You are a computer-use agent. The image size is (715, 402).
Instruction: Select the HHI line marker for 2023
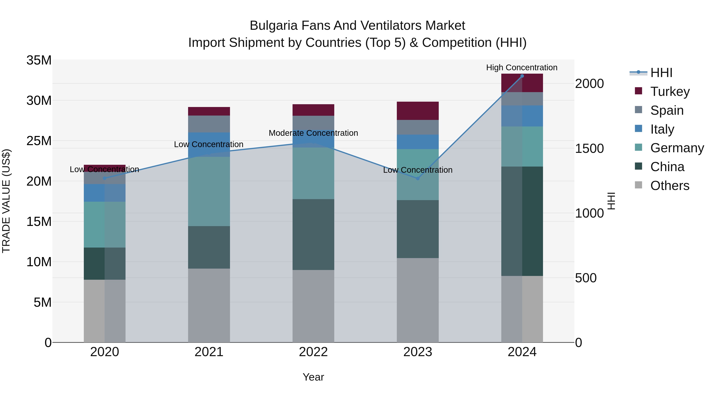coord(418,178)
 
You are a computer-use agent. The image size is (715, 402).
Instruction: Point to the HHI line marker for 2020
coord(105,178)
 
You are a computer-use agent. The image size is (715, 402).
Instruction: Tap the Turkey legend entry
coord(670,92)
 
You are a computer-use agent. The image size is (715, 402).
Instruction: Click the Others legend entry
coord(670,186)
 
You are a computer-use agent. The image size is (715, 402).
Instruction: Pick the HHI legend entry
coord(661,73)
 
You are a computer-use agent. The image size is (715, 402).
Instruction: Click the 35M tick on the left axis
coord(39,60)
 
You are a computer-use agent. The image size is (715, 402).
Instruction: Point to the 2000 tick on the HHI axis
coord(589,84)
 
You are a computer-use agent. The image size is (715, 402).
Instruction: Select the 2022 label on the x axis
coord(313,352)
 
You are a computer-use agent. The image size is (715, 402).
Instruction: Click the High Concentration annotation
coord(522,68)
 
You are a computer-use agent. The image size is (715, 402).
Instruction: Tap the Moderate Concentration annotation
coord(313,133)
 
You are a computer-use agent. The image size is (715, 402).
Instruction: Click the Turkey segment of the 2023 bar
coord(418,111)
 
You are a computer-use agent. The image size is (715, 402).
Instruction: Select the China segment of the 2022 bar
coord(313,234)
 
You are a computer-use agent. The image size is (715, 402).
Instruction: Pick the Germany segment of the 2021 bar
coord(209,191)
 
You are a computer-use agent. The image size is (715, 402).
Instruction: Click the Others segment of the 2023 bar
coord(418,300)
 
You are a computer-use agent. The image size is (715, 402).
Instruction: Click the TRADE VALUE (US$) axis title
coord(6,201)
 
